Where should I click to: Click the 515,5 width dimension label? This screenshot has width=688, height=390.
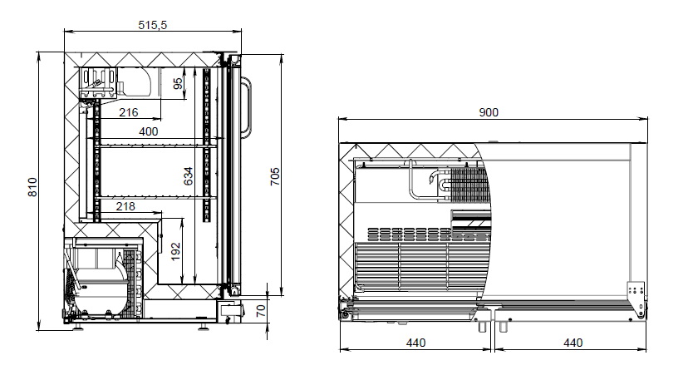153,25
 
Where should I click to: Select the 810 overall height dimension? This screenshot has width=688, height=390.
34,188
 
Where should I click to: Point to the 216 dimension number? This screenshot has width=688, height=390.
128,112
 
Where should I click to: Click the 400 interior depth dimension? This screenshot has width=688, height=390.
148,131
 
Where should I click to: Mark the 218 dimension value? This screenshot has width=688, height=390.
127,205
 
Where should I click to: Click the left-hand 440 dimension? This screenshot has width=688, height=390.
415,343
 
